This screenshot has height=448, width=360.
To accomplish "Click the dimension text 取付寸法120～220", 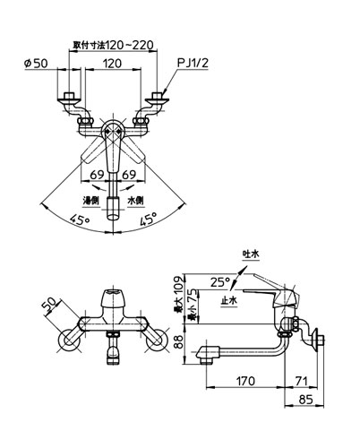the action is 114,45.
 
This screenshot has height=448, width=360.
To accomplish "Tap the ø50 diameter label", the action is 36,63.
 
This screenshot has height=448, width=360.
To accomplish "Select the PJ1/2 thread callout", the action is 193,63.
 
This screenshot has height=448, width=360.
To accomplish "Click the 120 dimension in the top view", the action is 113,64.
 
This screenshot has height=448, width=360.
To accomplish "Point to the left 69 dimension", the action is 97,175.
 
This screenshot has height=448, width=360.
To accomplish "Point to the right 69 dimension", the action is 129,175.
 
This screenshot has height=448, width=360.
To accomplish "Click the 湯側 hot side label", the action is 90,200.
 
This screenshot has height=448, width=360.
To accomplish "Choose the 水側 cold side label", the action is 136,200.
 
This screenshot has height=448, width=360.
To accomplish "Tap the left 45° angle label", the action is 80,220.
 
